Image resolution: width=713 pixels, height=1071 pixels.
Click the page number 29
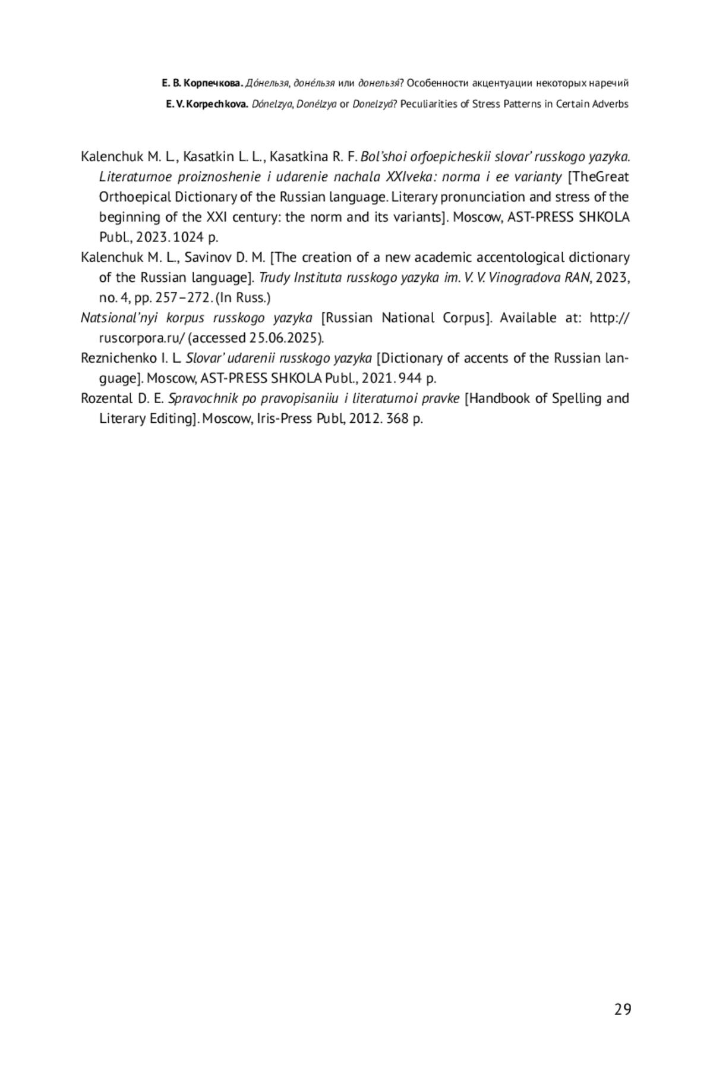[x=623, y=1010]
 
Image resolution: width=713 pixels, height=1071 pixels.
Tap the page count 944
[x=410, y=378]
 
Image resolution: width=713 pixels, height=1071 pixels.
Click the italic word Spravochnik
[x=203, y=398]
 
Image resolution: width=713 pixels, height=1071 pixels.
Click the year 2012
[x=365, y=419]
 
